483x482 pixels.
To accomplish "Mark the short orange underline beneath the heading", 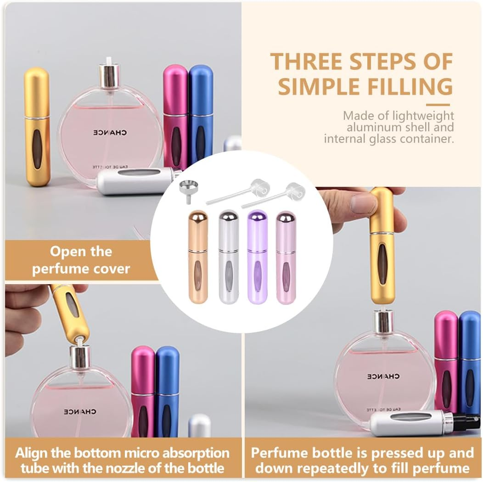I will pos(438,105).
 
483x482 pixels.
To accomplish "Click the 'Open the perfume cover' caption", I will pos(81,260).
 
